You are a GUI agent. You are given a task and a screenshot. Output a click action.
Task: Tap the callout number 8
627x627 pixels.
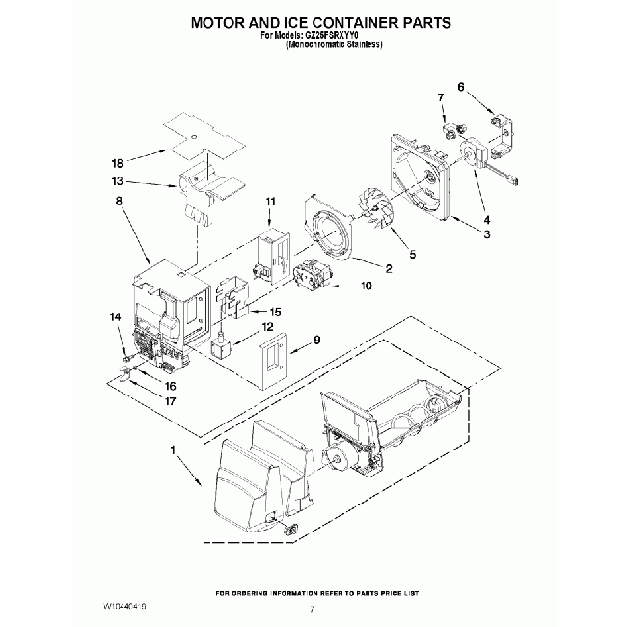[x=118, y=202]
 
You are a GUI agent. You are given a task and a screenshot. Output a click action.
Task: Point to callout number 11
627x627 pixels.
[x=270, y=201]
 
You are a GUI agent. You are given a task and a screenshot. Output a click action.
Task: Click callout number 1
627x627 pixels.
[x=174, y=450]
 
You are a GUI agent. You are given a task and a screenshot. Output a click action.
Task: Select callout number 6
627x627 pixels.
[x=461, y=86]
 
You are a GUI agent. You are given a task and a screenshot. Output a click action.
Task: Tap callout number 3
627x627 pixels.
[x=487, y=234]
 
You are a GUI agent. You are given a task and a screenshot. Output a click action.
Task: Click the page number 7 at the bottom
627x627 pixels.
[x=313, y=610]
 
